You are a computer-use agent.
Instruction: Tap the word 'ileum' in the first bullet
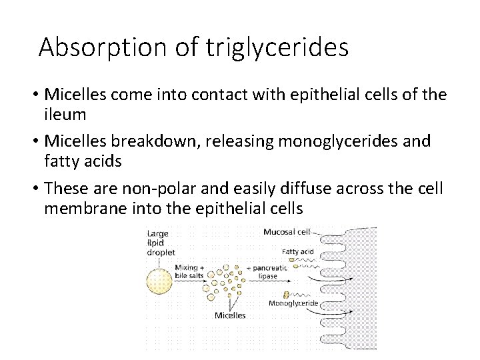pos(65,115)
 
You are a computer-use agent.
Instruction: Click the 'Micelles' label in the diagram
pos(229,315)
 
